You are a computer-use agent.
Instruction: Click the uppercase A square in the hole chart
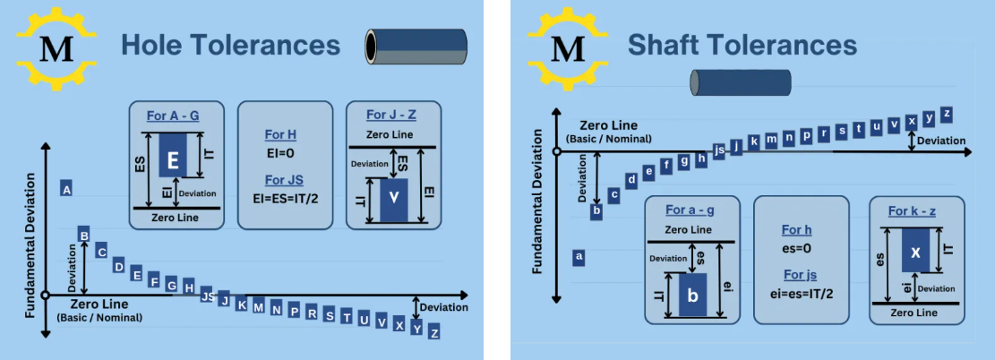[66, 188]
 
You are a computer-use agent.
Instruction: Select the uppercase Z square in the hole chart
[434, 332]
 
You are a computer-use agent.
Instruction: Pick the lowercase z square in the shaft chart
[946, 114]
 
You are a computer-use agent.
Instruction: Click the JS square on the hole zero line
[207, 296]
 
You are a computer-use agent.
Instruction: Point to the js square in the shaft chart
[718, 150]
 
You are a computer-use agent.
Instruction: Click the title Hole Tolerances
[230, 45]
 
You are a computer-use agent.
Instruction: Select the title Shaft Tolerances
[742, 45]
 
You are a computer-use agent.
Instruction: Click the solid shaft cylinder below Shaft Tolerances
[741, 82]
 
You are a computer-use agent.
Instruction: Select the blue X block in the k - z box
[915, 252]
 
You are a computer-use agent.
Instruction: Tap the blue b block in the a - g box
[690, 296]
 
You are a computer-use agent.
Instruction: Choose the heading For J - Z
[392, 115]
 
